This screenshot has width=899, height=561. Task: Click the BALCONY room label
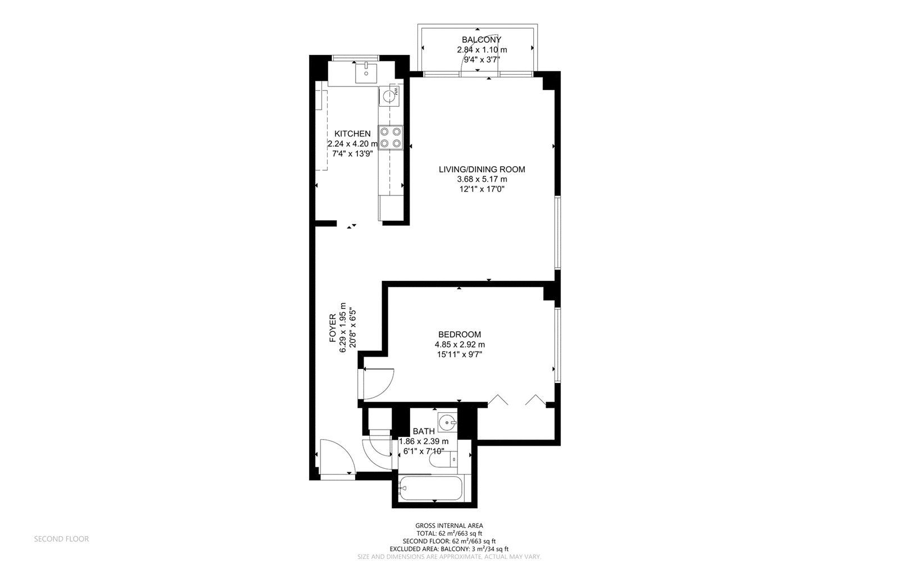point(481,40)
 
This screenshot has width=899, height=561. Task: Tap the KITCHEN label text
point(352,134)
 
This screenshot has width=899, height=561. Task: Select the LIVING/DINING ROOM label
point(482,169)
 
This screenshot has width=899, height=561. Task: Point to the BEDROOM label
point(460,334)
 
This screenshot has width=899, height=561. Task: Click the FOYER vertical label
point(333,328)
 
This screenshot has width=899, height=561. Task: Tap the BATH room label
point(424,431)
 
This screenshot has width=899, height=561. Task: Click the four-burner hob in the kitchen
point(391,138)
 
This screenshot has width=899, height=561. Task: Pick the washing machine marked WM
point(389,96)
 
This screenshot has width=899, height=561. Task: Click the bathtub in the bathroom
point(430,488)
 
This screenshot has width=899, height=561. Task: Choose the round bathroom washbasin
point(447,422)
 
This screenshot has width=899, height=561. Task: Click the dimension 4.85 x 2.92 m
point(460,344)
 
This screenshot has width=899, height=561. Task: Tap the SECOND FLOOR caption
point(61,539)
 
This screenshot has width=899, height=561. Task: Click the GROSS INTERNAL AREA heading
point(449,526)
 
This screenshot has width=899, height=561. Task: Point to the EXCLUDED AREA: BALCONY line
point(449,549)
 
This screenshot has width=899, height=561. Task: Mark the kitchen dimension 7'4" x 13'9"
point(352,153)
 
